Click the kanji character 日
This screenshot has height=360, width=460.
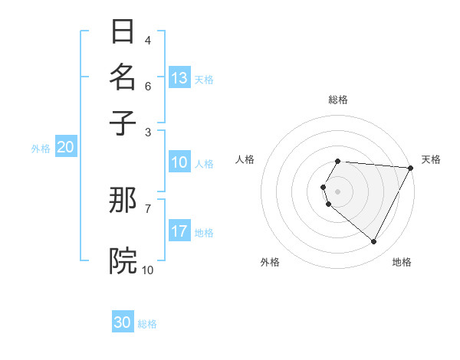(123, 31)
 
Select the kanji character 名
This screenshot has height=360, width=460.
(123, 77)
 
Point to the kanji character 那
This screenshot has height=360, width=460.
(123, 201)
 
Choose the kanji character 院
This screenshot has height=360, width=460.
(123, 260)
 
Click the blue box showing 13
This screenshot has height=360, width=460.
(179, 78)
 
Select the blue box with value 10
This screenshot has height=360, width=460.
(179, 162)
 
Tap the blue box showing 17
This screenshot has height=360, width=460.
(179, 231)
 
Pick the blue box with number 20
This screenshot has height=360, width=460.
(65, 148)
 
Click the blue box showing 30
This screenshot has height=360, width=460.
(123, 322)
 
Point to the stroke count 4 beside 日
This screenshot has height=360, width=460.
(148, 40)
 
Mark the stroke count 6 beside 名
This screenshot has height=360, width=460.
(148, 86)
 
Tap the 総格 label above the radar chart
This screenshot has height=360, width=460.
(338, 100)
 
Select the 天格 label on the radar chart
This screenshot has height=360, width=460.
(431, 159)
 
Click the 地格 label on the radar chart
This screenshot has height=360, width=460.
(402, 263)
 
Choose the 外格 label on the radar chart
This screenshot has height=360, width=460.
(270, 263)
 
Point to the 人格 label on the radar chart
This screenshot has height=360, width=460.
(245, 159)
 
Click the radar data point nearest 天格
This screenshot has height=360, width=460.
(411, 168)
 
